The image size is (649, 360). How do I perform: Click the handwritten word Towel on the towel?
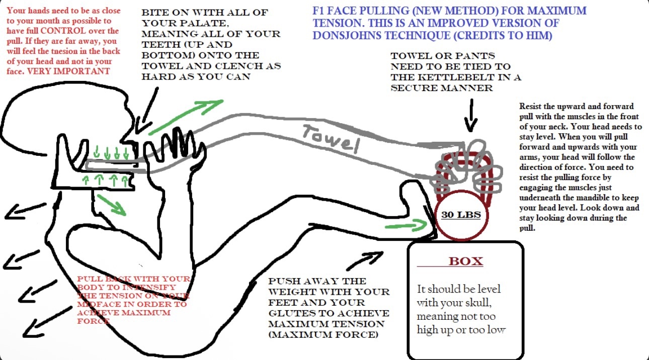point(331,138)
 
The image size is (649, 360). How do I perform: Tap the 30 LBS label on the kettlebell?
point(461,215)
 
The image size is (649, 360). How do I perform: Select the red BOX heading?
point(466,261)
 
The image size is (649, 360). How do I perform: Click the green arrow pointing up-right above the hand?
point(186,117)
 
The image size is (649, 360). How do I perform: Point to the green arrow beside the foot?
point(406,225)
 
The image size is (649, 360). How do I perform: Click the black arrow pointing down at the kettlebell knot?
point(471,115)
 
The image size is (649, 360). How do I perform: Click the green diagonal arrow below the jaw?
point(112,205)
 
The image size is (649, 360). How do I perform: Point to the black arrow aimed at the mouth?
point(146,111)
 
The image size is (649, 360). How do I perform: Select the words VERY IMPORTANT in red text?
point(68,71)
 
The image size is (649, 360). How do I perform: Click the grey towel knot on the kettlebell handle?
point(467,167)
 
